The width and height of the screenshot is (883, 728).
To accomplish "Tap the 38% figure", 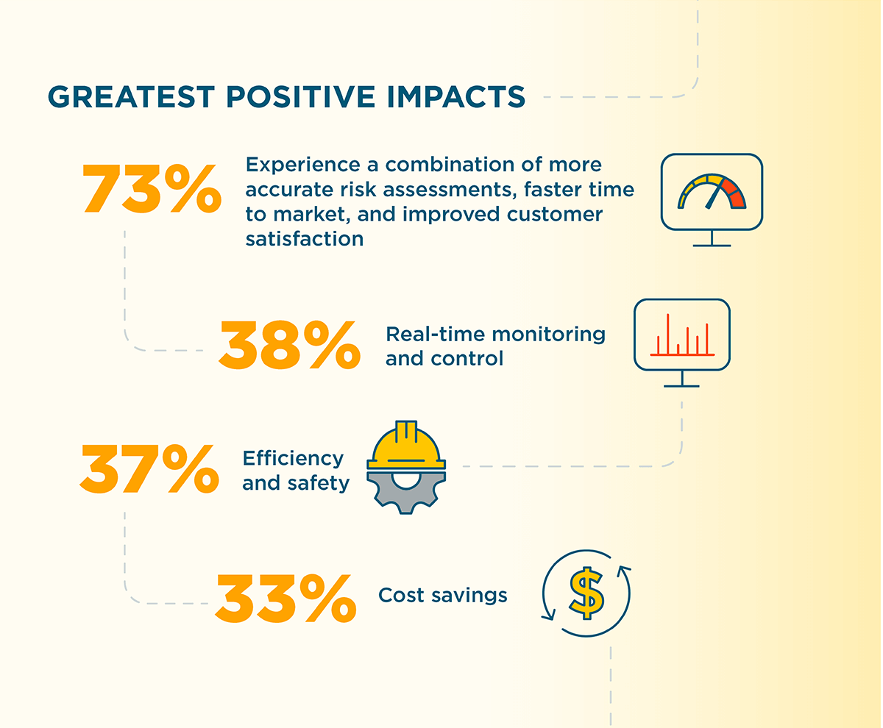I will click(290, 345).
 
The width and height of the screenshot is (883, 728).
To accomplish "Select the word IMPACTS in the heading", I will click(459, 97).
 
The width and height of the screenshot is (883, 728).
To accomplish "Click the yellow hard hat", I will click(406, 446).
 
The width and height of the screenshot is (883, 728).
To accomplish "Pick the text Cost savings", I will click(443, 595).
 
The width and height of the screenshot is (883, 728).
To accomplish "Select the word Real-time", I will click(436, 335).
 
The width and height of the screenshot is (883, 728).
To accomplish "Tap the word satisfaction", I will click(305, 239).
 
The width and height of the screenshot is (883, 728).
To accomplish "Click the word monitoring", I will click(548, 335).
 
